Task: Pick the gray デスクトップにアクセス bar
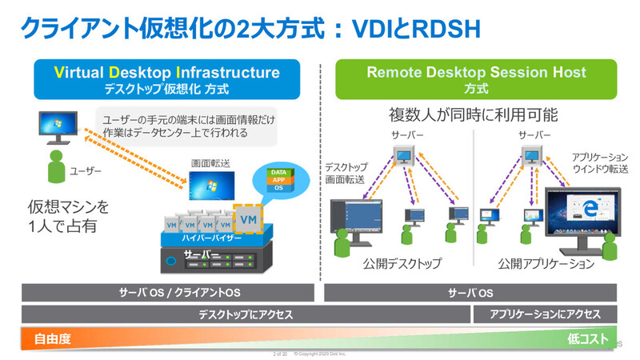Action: [x=245, y=314]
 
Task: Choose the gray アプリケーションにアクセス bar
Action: [x=544, y=314]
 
